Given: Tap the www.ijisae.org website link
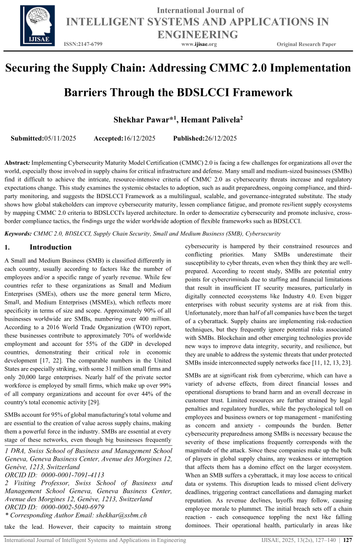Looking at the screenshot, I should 199,44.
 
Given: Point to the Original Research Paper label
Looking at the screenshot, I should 306,44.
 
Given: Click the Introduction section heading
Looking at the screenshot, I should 50,248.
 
